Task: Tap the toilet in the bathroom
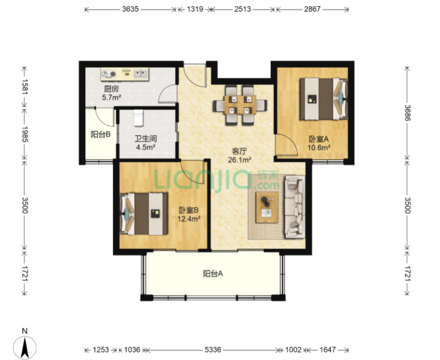coord(139,118)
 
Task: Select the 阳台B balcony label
coord(101,135)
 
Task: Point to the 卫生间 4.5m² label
coord(145,143)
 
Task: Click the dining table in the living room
coord(240,105)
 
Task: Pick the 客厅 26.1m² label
coord(239,156)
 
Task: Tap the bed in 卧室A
coord(324,99)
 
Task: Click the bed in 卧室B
coord(144,214)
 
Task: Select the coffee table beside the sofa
coord(267,207)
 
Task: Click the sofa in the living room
coord(295,207)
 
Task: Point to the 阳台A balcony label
coord(213,274)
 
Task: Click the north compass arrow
coord(25,347)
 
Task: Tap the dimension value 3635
coord(130,9)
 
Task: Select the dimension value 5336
coord(213,350)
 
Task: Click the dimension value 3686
coord(407,112)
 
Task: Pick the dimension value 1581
coord(25,87)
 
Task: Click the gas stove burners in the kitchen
coord(109,74)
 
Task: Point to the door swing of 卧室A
coord(287,144)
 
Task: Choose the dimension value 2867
coord(312,9)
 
